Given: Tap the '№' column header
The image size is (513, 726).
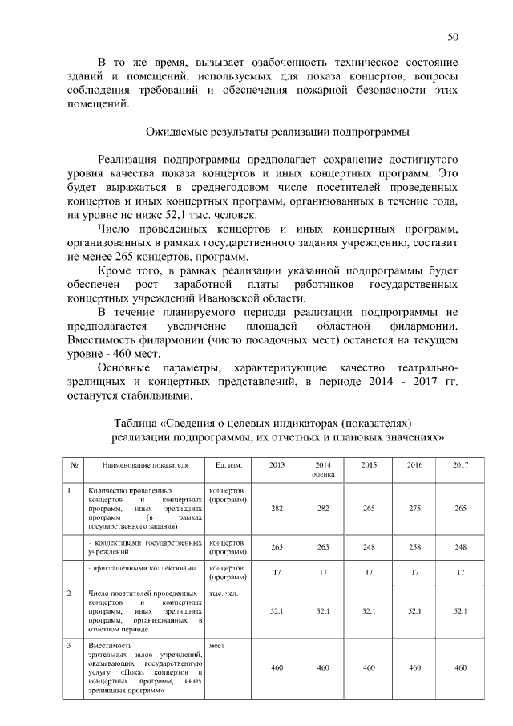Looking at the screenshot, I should point(74,465).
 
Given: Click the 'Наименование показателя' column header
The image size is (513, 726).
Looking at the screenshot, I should point(145,465).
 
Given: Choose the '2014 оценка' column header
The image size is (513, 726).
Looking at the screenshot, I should point(323,469).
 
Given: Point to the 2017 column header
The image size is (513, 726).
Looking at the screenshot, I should point(460,465).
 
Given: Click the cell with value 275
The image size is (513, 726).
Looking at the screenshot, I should point(415,509).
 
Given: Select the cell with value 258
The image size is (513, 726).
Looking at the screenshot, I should point(415,546).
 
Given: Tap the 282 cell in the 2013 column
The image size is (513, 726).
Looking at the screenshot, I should point(277,509).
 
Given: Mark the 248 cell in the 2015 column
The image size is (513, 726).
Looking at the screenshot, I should point(370,546).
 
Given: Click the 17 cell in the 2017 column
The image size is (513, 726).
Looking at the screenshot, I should point(460,572).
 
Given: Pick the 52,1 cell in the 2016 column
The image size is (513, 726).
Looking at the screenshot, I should point(415,611).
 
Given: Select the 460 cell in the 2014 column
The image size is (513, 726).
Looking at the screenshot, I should point(323,667).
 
